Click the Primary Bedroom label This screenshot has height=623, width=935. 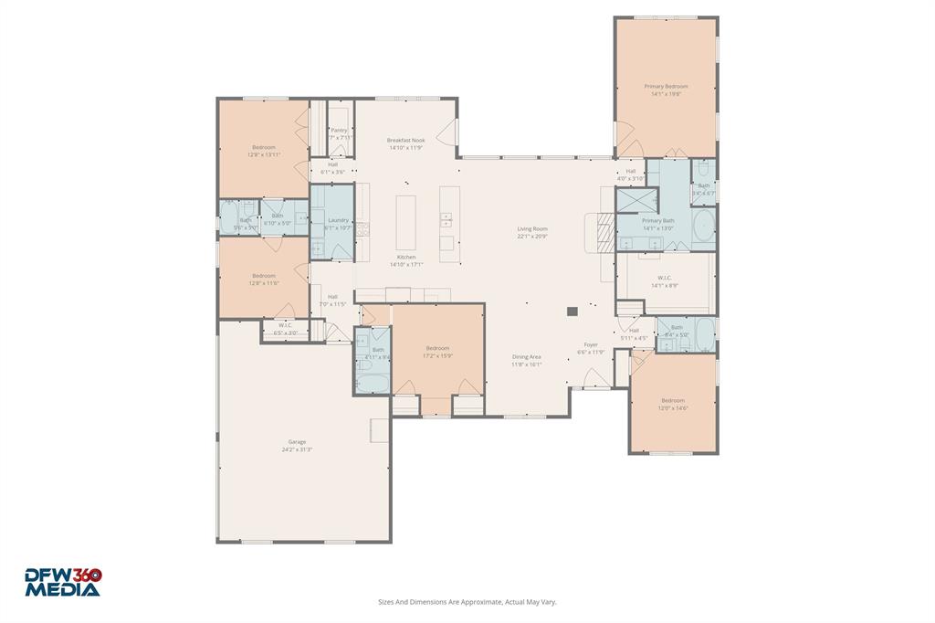[666, 87]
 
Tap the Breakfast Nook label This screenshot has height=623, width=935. [406, 141]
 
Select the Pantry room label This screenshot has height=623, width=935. [339, 131]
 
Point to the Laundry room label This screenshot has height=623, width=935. [337, 220]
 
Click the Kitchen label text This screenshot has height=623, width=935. [406, 258]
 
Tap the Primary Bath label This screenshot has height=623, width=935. [657, 221]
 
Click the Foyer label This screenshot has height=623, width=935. [592, 344]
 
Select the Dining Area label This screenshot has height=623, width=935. [527, 357]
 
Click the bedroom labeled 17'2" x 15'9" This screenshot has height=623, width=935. [437, 348]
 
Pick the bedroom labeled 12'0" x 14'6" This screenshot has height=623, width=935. [673, 400]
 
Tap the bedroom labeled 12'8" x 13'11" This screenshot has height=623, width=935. [264, 147]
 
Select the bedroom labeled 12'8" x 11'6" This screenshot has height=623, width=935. [264, 276]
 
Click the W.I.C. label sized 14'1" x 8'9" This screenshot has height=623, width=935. [664, 278]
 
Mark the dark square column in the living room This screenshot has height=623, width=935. [573, 311]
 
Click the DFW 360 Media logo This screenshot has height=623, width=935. [63, 582]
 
